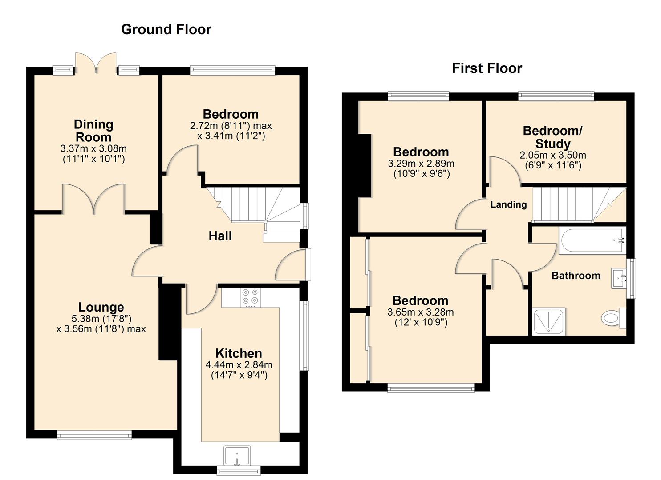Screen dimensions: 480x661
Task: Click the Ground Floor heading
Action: [x=166, y=29]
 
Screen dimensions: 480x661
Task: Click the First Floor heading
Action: [x=487, y=68]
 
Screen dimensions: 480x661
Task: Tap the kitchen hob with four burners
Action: [x=250, y=298]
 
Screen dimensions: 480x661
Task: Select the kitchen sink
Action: [x=237, y=456]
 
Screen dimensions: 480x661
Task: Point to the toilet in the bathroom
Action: [x=612, y=318]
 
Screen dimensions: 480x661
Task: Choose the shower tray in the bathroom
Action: [x=549, y=321]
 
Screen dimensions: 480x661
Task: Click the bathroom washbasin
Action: [x=619, y=279]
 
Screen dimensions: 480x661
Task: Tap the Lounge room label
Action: [x=101, y=307]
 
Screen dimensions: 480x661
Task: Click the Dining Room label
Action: [x=93, y=131]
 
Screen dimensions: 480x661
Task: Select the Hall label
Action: [x=220, y=236]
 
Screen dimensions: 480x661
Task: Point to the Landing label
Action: [x=508, y=204]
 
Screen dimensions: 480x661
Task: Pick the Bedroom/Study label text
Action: [x=552, y=137]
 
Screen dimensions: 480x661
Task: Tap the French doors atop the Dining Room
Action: [x=96, y=63]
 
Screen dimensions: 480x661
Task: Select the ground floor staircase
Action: [x=254, y=207]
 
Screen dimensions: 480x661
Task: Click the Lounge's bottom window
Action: [x=94, y=435]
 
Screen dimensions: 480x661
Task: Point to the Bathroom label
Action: [x=576, y=276]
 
